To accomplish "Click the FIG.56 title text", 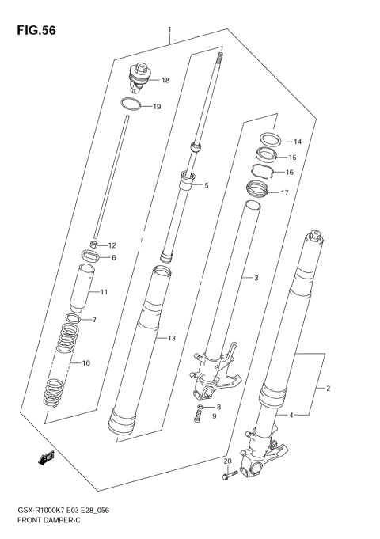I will (32, 31).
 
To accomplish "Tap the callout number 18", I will (165, 80).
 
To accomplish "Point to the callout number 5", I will (206, 186).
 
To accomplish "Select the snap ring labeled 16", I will (264, 171).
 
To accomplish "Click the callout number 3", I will (255, 278).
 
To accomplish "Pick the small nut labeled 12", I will (93, 245).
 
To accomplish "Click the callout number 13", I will (171, 339).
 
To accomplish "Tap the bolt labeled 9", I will (198, 418).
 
